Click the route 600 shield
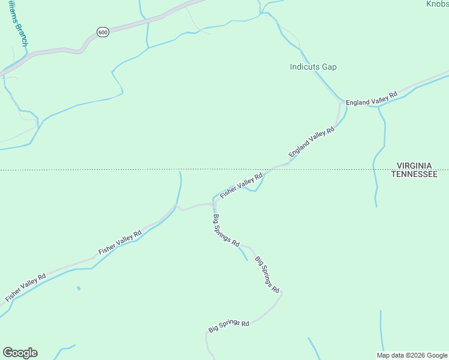pyautogui.click(x=103, y=32)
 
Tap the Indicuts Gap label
pyautogui.click(x=313, y=67)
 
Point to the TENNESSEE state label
pyautogui.click(x=414, y=173)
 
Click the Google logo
pyautogui.click(x=20, y=353)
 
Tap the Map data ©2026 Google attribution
pyautogui.click(x=412, y=355)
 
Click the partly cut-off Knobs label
pyautogui.click(x=437, y=4)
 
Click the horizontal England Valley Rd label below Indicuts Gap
pyautogui.click(x=372, y=99)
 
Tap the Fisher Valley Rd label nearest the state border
pyautogui.click(x=241, y=186)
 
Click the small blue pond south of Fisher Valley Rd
pyautogui.click(x=79, y=289)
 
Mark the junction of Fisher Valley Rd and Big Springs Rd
pyautogui.click(x=214, y=203)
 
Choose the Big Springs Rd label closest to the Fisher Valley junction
pyautogui.click(x=226, y=231)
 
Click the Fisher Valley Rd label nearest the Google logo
pyautogui.click(x=25, y=288)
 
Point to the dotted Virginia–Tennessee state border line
pyautogui.click(x=120, y=170)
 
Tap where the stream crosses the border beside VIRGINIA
pyautogui.click(x=373, y=170)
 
